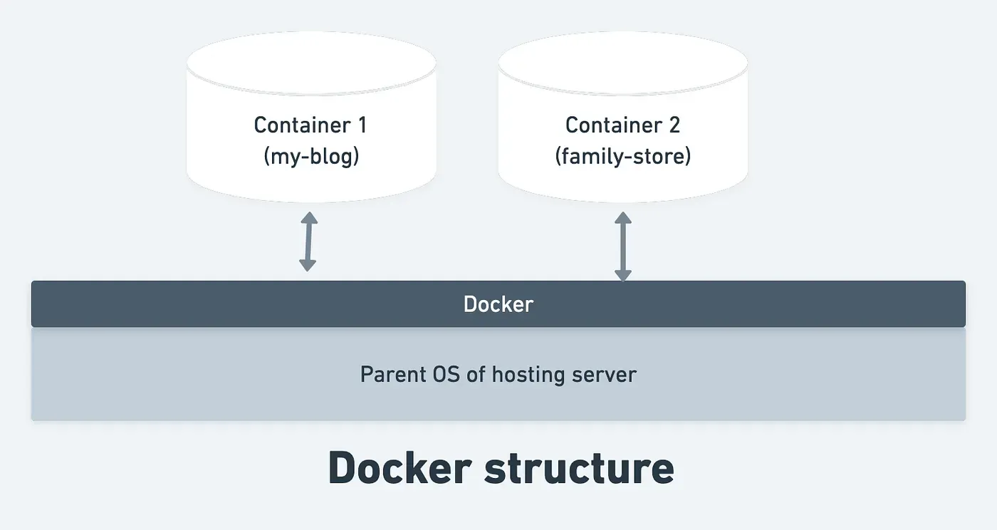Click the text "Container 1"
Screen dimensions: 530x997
tap(310, 125)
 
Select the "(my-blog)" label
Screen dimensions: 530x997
tap(310, 156)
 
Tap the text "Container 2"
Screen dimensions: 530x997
tap(622, 125)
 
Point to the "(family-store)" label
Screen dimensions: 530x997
tap(622, 156)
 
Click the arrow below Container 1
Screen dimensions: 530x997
tap(308, 241)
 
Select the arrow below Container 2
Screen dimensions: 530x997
tap(623, 246)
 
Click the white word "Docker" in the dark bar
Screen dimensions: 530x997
tap(499, 304)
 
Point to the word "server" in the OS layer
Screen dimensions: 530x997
tap(604, 374)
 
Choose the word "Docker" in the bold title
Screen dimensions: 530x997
tap(400, 469)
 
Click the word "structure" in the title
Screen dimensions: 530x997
tap(578, 469)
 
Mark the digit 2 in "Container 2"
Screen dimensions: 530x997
tap(674, 125)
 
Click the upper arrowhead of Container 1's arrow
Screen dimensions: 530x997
tap(308, 217)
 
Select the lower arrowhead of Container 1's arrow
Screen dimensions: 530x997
tap(308, 266)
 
